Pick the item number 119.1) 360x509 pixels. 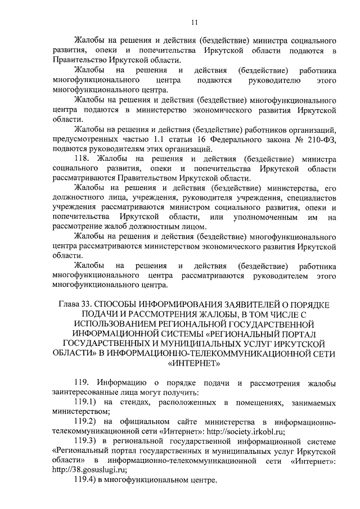click(87, 403)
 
